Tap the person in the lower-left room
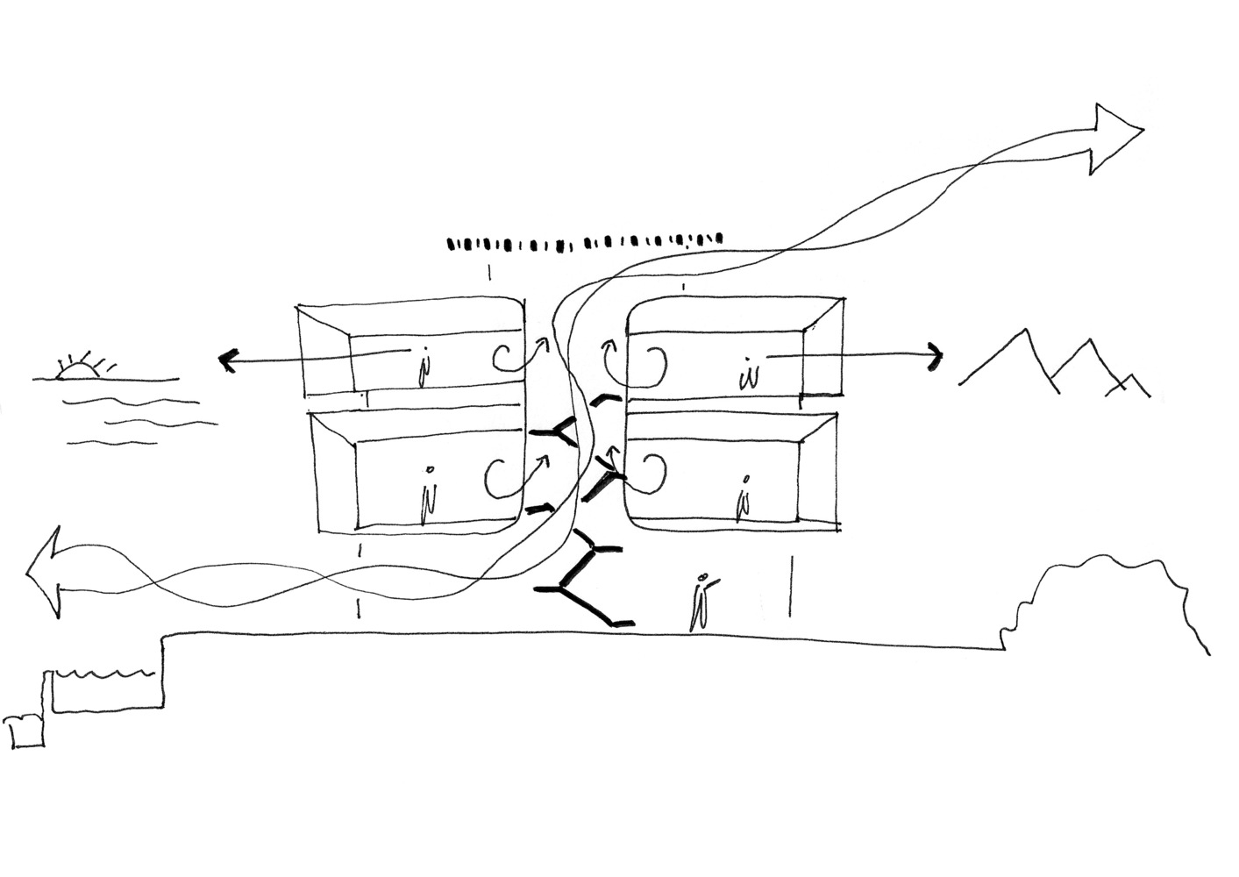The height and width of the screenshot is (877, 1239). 428,500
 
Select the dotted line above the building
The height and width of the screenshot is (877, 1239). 584,241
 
